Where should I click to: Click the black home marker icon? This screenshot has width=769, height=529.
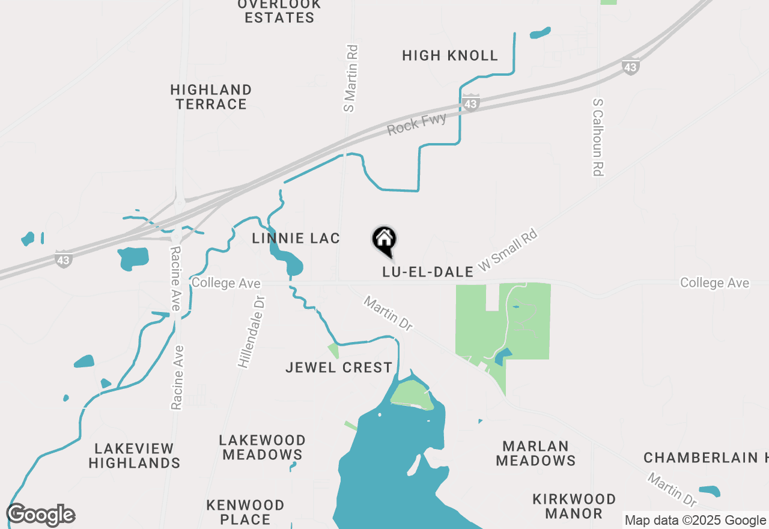(384, 240)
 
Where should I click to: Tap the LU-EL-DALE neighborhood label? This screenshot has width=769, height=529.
(428, 272)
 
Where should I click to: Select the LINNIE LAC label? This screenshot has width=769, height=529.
(296, 239)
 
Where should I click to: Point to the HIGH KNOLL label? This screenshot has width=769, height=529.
(450, 56)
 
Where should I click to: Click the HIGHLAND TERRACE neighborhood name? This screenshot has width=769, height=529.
(211, 97)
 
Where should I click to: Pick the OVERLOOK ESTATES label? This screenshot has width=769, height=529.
(279, 11)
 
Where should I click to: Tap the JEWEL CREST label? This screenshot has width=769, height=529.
(339, 367)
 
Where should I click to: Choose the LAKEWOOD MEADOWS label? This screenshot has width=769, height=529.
(263, 447)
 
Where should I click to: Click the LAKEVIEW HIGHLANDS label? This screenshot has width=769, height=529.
(135, 456)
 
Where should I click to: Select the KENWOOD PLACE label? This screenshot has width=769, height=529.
(245, 512)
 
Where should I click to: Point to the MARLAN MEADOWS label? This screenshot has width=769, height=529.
(536, 453)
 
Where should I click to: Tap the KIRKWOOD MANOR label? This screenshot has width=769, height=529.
(574, 506)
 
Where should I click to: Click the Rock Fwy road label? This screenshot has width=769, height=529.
(417, 124)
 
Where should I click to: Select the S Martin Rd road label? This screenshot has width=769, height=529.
(350, 78)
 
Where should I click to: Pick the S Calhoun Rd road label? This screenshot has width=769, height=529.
(597, 138)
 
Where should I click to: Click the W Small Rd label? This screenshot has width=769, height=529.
(507, 248)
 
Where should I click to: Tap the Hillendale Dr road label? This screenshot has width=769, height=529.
(251, 331)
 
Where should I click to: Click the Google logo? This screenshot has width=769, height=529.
(41, 515)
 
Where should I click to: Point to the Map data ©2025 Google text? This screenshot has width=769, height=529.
(695, 520)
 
